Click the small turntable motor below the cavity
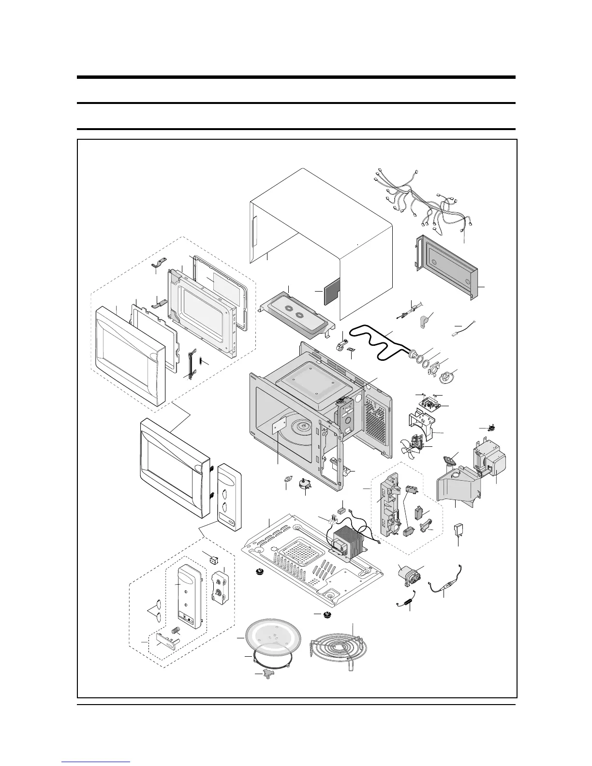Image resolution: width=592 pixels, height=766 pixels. coord(306,483)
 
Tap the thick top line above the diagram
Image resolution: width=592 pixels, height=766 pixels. coord(296,77)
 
